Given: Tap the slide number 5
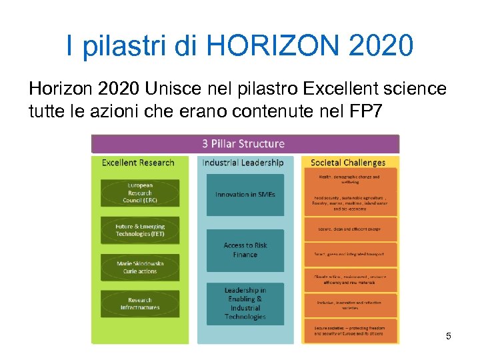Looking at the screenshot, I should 449,336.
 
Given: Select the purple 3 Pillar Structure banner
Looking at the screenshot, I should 245,144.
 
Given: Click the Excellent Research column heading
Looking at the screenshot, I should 138,163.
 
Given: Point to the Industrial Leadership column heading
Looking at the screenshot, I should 243,163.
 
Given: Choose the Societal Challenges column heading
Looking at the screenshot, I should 348,163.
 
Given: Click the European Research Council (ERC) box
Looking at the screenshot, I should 139,193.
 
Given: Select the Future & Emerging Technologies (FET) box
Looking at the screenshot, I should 139,230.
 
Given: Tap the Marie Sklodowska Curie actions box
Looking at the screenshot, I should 139,267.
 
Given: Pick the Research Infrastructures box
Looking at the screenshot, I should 139,304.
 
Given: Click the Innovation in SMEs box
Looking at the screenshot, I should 245,195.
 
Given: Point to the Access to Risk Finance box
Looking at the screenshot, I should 245,250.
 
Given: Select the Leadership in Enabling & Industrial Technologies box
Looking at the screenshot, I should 245,303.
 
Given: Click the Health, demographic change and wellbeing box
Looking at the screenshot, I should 349,179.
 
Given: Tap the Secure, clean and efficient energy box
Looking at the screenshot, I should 349,229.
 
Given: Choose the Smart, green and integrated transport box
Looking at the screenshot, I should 349,254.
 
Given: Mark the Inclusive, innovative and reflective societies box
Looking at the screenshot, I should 349,305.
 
